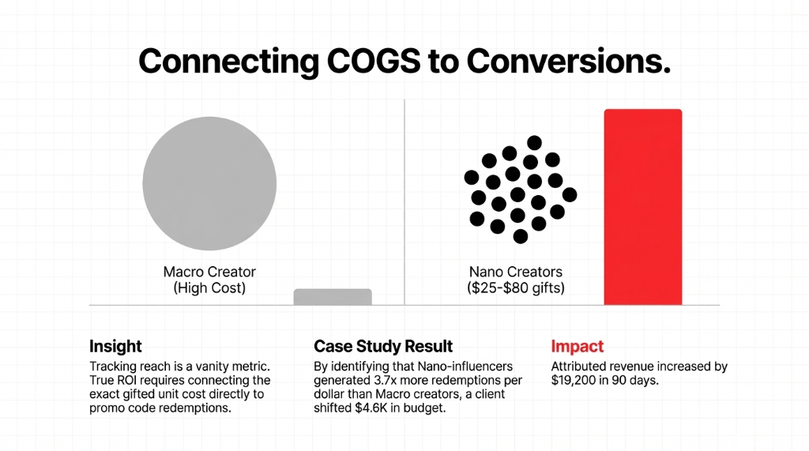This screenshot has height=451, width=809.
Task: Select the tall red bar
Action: [x=642, y=207]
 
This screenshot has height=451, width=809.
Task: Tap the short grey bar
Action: [x=333, y=297]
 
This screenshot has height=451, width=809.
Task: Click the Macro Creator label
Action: [x=209, y=272]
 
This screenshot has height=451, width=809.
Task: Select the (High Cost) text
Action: [x=209, y=288]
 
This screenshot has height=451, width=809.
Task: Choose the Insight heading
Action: [x=115, y=346]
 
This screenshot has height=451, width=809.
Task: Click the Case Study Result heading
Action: [x=383, y=346]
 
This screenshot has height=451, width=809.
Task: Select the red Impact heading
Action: [x=577, y=346]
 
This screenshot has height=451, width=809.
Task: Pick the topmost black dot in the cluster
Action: [x=535, y=142]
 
